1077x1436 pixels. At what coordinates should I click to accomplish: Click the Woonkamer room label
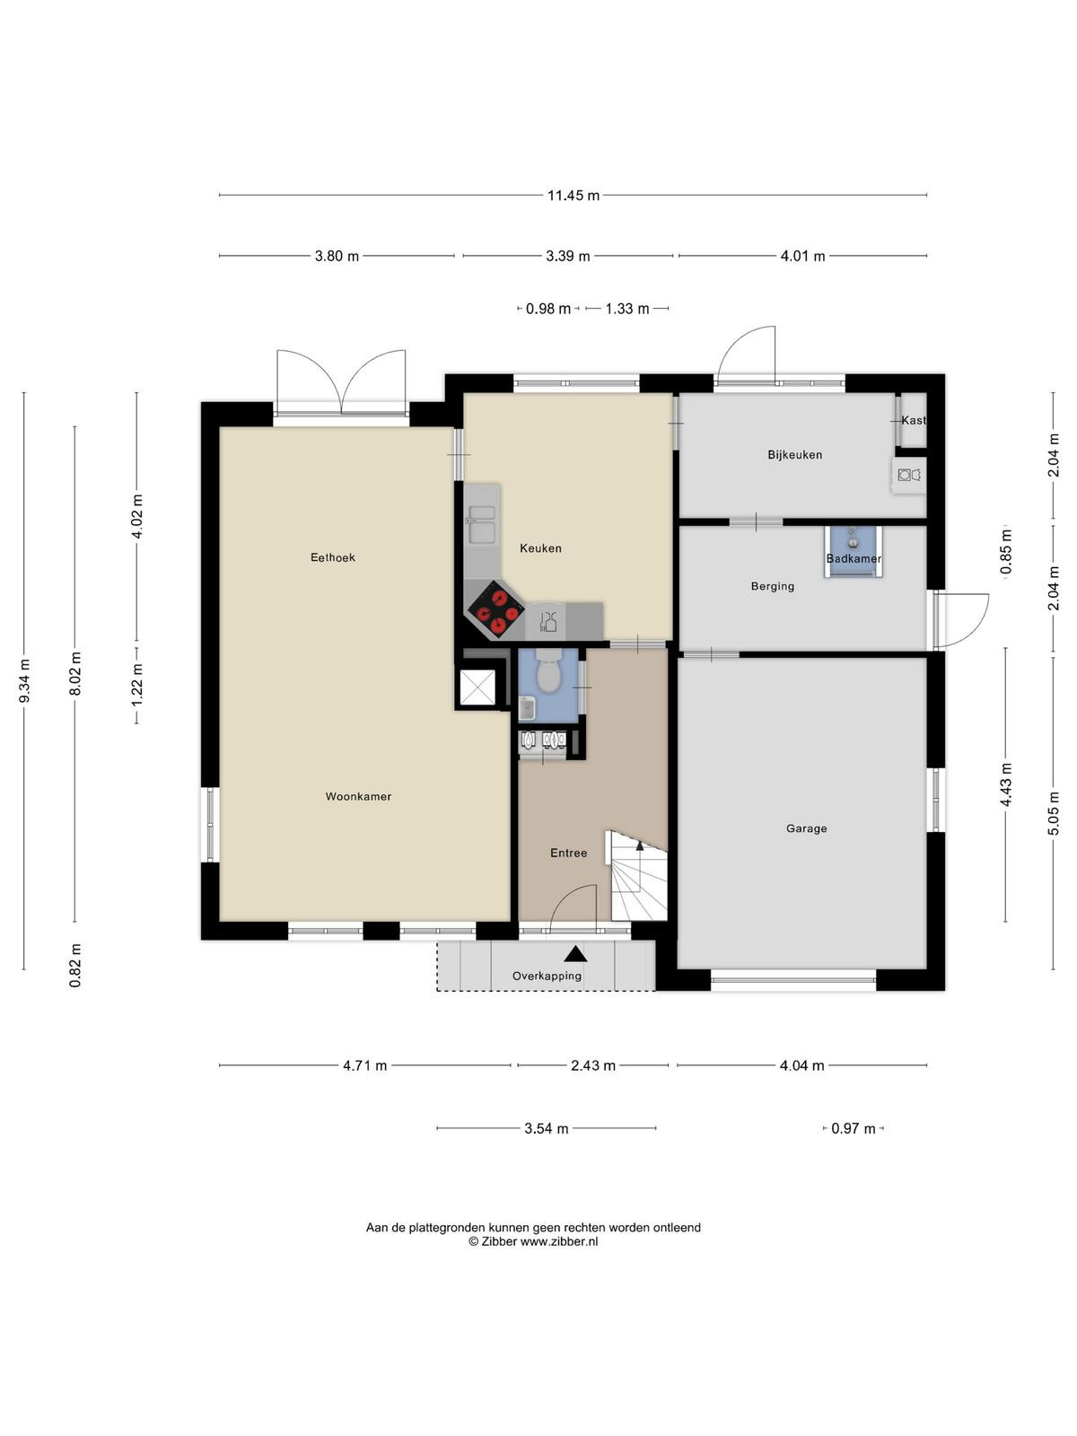pyautogui.click(x=358, y=796)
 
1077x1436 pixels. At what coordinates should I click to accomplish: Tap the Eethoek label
pyautogui.click(x=333, y=557)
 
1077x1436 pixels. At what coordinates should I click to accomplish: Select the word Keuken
pyautogui.click(x=540, y=548)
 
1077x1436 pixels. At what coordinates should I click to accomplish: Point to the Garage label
pyautogui.click(x=806, y=828)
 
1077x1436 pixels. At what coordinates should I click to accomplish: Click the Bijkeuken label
pyautogui.click(x=794, y=455)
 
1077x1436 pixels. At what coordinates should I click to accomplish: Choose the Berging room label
pyautogui.click(x=772, y=586)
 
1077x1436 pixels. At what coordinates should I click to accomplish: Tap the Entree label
pyautogui.click(x=568, y=853)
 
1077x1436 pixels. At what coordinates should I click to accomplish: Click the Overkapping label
pyautogui.click(x=547, y=976)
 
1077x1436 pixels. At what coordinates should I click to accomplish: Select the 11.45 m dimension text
pyautogui.click(x=574, y=195)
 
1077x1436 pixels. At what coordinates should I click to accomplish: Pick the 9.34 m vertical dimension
pyautogui.click(x=24, y=681)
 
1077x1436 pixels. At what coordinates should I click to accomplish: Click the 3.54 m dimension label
pyautogui.click(x=546, y=1128)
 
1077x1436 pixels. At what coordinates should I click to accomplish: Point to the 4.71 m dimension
pyautogui.click(x=365, y=1065)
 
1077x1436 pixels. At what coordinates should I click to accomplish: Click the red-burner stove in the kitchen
pyautogui.click(x=495, y=609)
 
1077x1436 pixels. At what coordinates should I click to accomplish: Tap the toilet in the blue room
pyautogui.click(x=547, y=670)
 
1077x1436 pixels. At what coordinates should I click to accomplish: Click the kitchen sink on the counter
pyautogui.click(x=482, y=524)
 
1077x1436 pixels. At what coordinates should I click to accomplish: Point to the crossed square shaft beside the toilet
pyautogui.click(x=478, y=687)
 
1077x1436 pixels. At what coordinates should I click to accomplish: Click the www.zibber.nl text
pyautogui.click(x=558, y=1241)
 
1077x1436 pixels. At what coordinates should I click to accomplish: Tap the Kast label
pyautogui.click(x=913, y=420)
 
